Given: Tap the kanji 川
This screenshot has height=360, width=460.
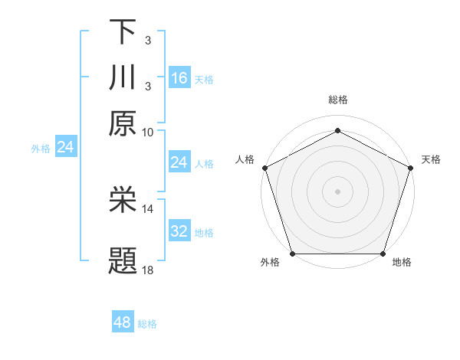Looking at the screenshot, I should pyautogui.click(x=123, y=77).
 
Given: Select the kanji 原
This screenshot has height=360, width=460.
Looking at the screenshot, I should pyautogui.click(x=123, y=123).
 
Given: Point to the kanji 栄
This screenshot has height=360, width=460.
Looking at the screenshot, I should pyautogui.click(x=123, y=200).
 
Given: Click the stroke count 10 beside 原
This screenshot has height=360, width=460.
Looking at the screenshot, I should pyautogui.click(x=148, y=132).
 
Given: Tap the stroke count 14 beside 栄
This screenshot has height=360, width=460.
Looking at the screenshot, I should pyautogui.click(x=148, y=208).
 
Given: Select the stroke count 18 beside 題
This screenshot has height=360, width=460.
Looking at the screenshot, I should pyautogui.click(x=148, y=270).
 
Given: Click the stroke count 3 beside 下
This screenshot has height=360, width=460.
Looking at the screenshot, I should pyautogui.click(x=147, y=40).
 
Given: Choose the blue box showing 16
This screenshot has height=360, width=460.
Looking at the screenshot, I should pyautogui.click(x=179, y=77).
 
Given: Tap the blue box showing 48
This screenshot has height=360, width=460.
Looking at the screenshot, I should pyautogui.click(x=123, y=322).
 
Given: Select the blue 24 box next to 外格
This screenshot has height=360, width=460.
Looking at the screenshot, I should pyautogui.click(x=65, y=147).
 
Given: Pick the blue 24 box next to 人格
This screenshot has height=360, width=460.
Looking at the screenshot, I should pyautogui.click(x=179, y=162).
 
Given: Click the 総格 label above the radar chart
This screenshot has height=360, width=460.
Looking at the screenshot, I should pyautogui.click(x=338, y=100).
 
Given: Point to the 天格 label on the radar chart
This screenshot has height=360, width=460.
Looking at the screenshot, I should pyautogui.click(x=431, y=159).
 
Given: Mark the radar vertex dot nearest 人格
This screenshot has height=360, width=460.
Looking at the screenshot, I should pyautogui.click(x=264, y=168).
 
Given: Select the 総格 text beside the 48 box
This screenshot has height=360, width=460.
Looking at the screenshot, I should pyautogui.click(x=147, y=324).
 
